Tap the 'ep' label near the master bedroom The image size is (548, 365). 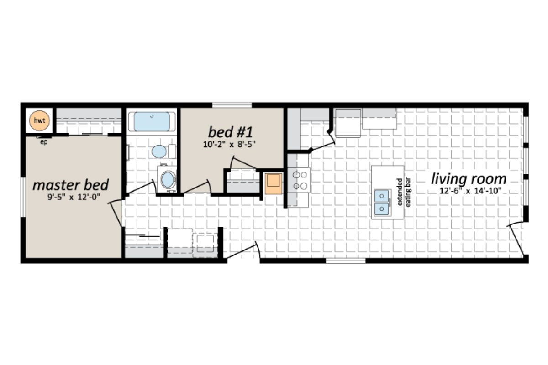point(44,141)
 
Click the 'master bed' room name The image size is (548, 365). point(71,185)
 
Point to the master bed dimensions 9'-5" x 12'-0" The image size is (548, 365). point(71,198)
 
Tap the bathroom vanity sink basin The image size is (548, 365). point(168,179)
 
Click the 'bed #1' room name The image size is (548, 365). point(230,132)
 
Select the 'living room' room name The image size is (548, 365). point(469,178)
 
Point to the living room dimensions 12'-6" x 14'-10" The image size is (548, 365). point(469,191)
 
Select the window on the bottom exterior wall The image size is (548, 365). point(345,261)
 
